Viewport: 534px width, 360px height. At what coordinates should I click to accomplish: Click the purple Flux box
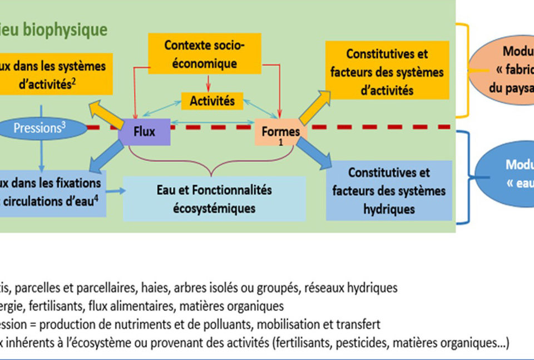coord(144,132)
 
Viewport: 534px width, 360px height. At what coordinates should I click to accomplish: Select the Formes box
coord(281,132)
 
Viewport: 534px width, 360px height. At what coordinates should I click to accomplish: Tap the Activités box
coord(212,101)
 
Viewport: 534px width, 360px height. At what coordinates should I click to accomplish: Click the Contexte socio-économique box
coord(204,55)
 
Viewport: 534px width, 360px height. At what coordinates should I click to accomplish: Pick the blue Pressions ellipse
coord(39,128)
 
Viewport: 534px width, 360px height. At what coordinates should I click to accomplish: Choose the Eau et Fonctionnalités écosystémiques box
coord(214,199)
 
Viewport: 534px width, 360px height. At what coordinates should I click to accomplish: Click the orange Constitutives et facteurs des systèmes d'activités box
coord(387,72)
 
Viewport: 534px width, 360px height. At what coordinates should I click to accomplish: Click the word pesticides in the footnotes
coord(361,343)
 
